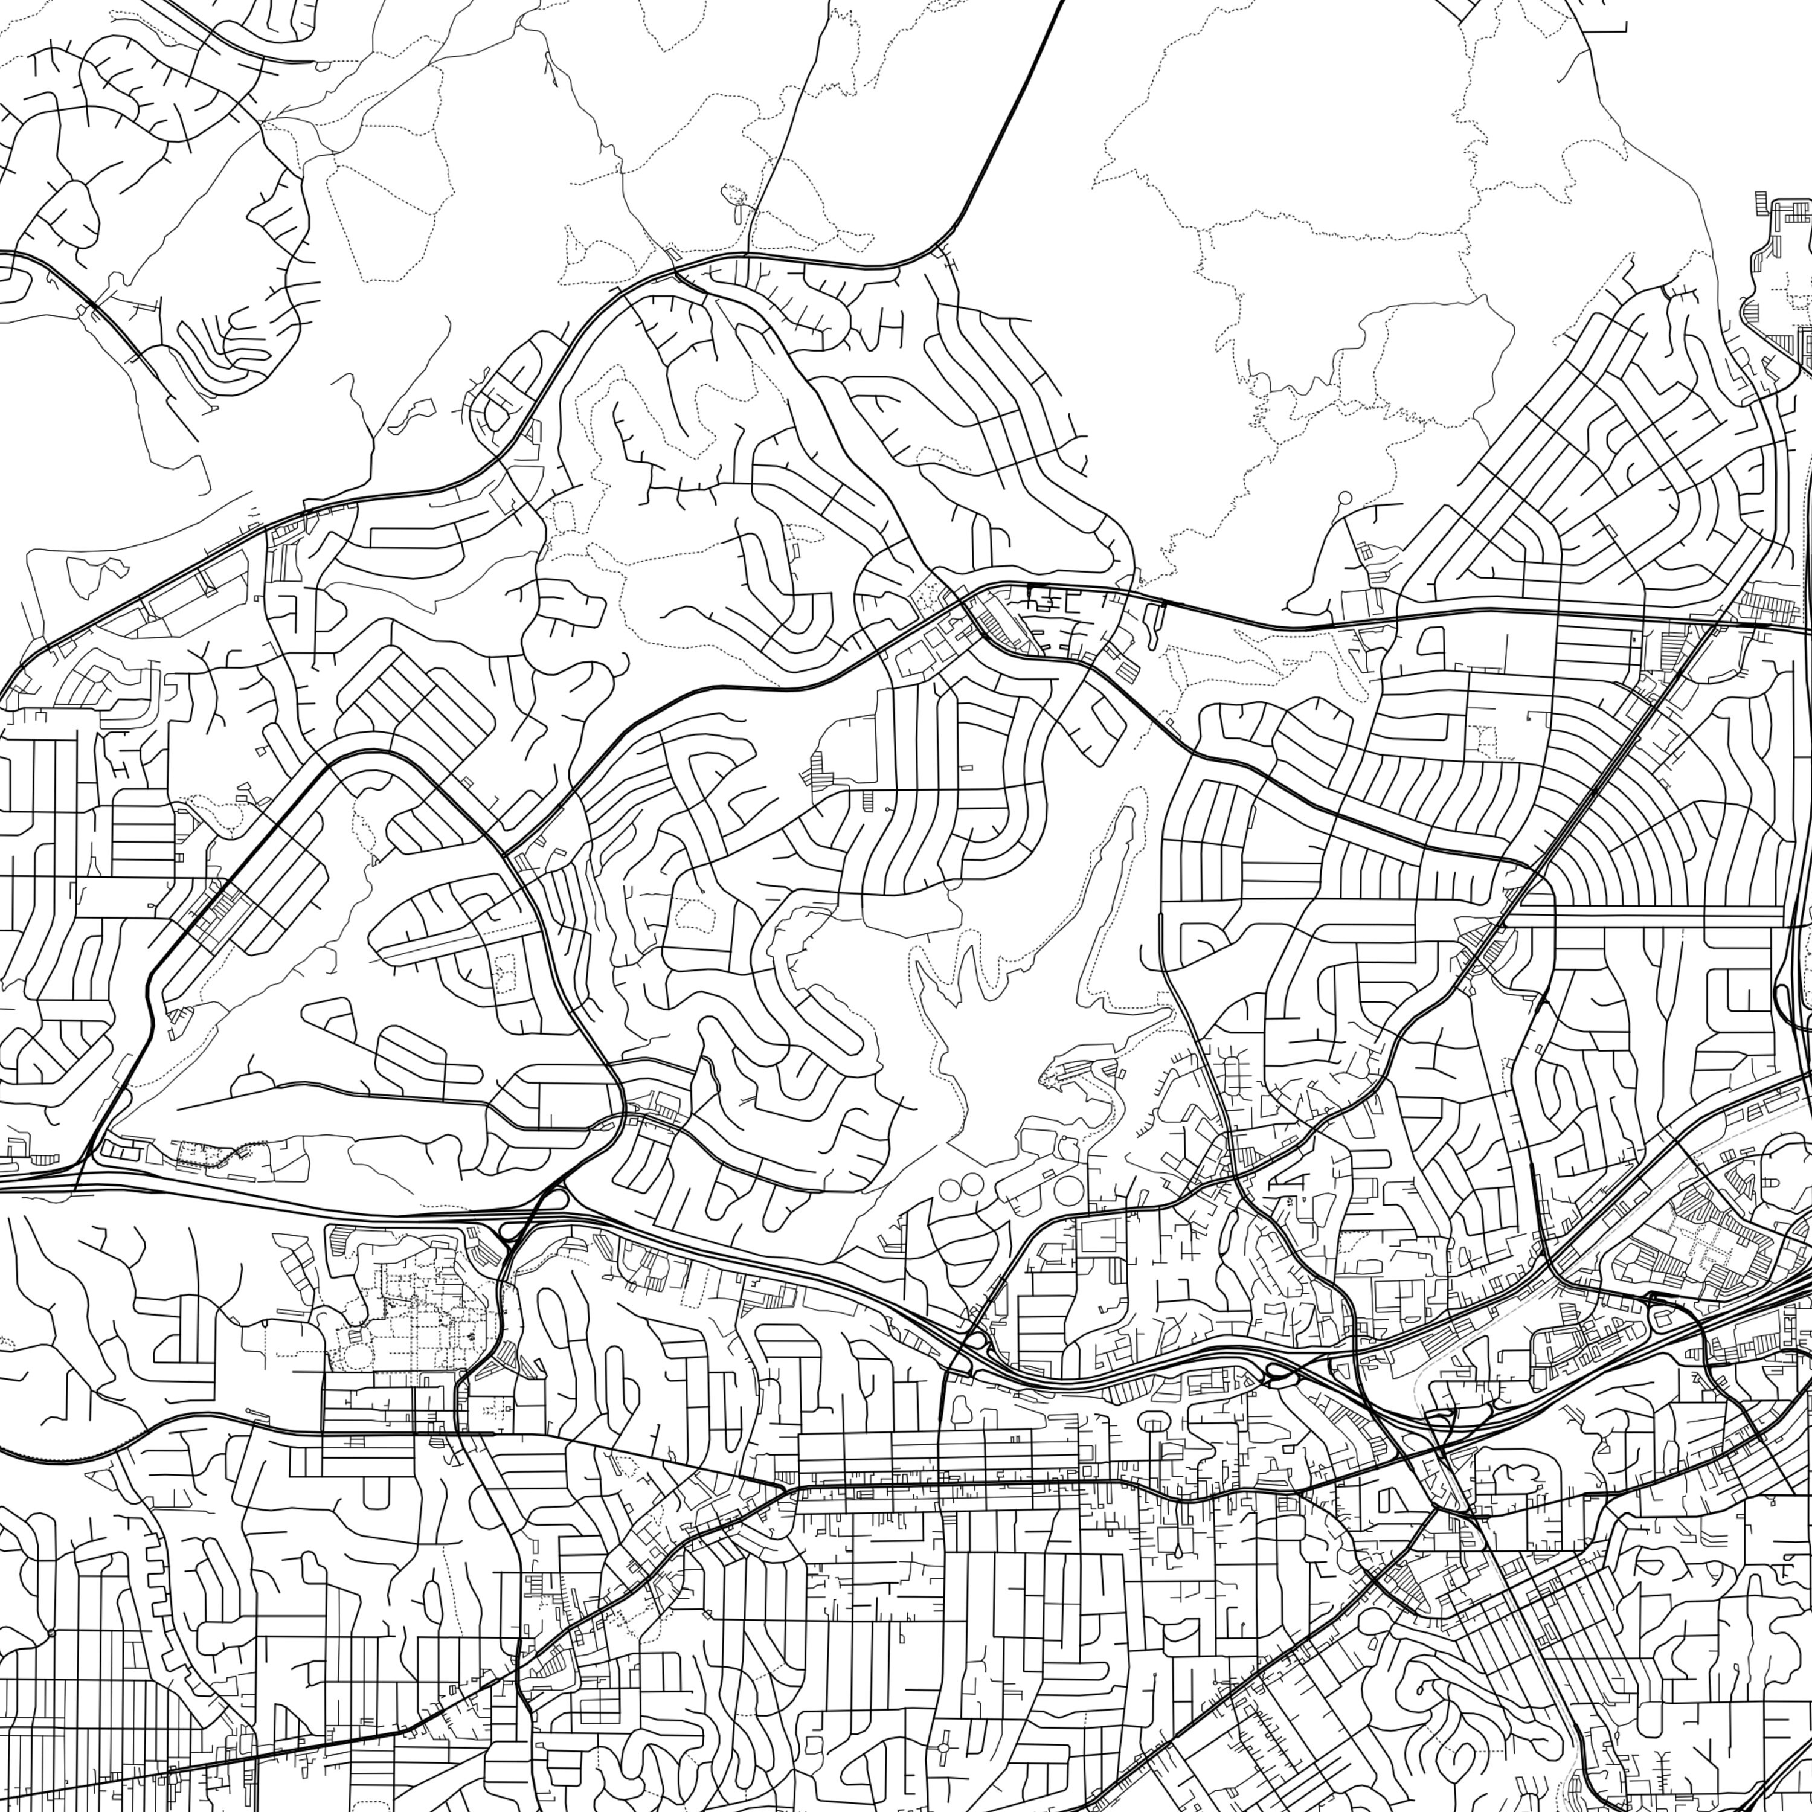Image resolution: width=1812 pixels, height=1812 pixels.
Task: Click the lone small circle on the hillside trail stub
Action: click(x=1345, y=497)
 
